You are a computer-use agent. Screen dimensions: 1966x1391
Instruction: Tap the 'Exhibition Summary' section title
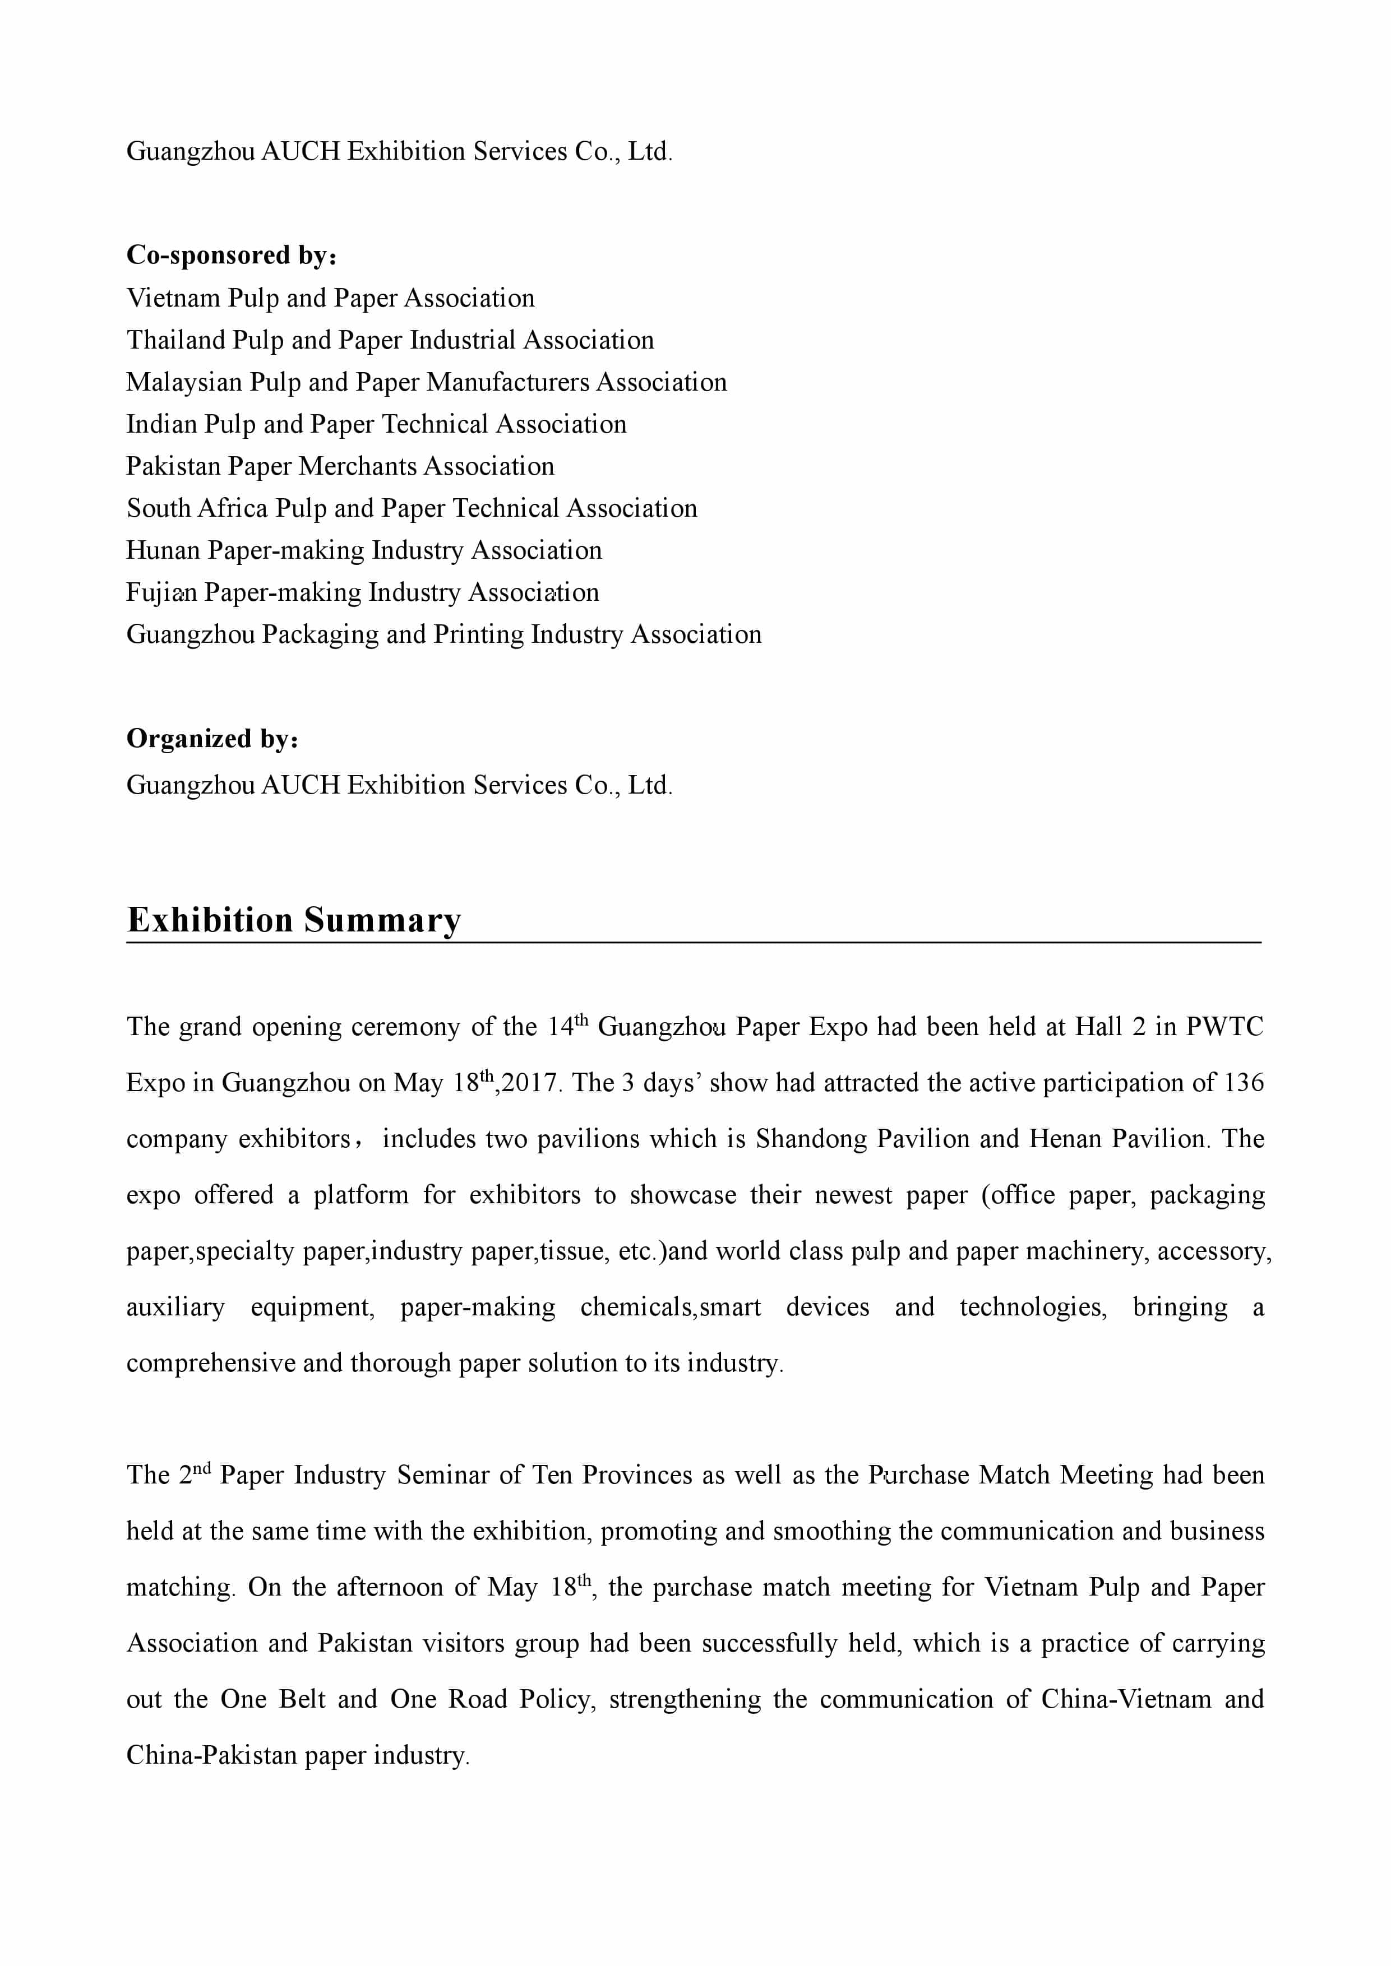(294, 920)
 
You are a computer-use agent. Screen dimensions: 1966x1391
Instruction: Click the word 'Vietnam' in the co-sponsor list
(173, 298)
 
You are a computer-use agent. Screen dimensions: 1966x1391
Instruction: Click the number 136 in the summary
(1244, 1083)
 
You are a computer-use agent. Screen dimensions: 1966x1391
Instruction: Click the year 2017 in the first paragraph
(531, 1083)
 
